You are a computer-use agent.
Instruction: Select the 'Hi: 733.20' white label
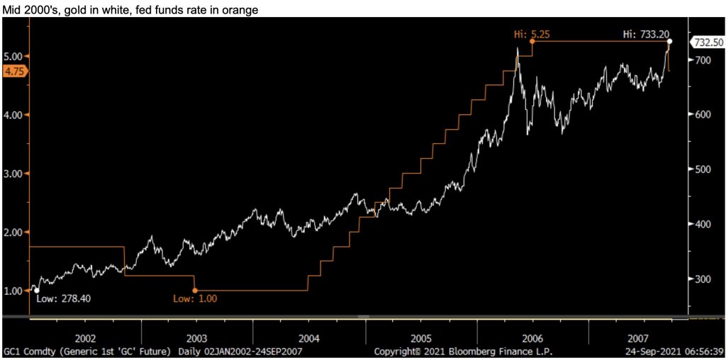(643, 33)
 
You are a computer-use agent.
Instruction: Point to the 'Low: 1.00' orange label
(195, 298)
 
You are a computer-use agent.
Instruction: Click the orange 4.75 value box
(14, 71)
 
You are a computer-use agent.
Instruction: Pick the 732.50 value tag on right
(709, 43)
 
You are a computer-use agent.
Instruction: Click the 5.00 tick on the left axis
(14, 56)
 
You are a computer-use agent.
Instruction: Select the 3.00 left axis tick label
(14, 174)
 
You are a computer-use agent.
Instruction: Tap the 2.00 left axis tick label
(14, 232)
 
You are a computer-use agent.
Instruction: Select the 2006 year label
(532, 338)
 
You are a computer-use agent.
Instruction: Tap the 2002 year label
(84, 338)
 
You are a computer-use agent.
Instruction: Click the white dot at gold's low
(37, 290)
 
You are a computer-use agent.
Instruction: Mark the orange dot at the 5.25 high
(532, 41)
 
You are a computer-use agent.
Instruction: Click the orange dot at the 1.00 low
(195, 290)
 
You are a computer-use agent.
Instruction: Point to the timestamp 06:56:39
(703, 351)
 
